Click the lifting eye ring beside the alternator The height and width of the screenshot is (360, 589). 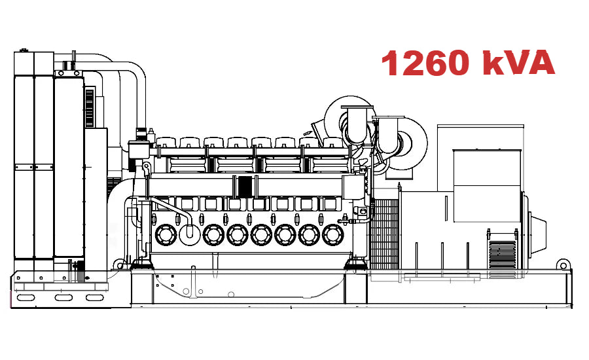click(562, 264)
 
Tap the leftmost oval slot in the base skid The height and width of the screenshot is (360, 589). click(27, 298)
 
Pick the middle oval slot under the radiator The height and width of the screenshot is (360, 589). click(63, 298)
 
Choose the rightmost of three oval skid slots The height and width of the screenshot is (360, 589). click(95, 298)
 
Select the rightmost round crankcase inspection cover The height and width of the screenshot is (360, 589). click(334, 234)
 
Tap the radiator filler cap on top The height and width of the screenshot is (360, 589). click(24, 50)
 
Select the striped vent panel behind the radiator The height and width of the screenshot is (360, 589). click(90, 104)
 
